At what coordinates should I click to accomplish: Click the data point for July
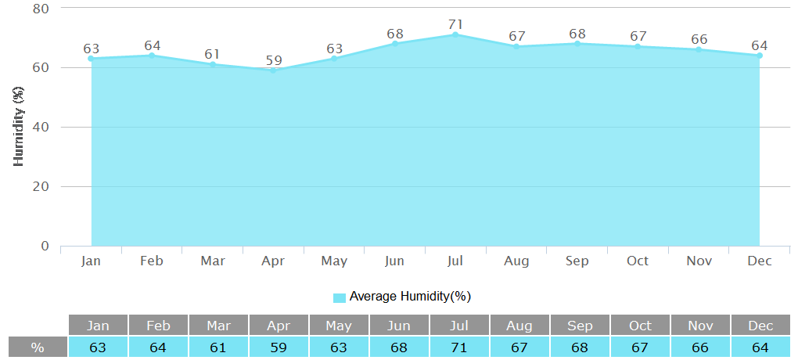click(x=455, y=34)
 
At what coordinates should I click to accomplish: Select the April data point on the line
click(x=273, y=70)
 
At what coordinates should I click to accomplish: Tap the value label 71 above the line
click(x=455, y=24)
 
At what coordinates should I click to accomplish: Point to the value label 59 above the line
click(x=273, y=60)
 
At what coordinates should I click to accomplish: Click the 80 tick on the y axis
click(x=41, y=9)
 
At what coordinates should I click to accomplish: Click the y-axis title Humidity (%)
click(x=20, y=127)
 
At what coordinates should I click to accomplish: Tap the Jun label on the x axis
click(x=395, y=261)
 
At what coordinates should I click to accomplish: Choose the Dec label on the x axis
click(x=759, y=261)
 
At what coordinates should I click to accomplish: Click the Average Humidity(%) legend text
click(x=410, y=297)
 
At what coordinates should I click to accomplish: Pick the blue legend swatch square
click(x=340, y=297)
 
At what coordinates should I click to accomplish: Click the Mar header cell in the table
click(x=219, y=326)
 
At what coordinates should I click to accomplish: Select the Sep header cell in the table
click(x=580, y=326)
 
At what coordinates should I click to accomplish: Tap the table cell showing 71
click(x=459, y=347)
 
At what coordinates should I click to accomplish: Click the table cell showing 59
click(x=279, y=347)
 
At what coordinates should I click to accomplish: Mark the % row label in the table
click(x=38, y=347)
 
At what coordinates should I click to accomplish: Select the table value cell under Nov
click(x=699, y=347)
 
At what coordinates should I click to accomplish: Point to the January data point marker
click(x=92, y=59)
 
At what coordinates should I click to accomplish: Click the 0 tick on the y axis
click(x=45, y=246)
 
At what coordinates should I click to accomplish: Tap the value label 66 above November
click(x=699, y=39)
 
